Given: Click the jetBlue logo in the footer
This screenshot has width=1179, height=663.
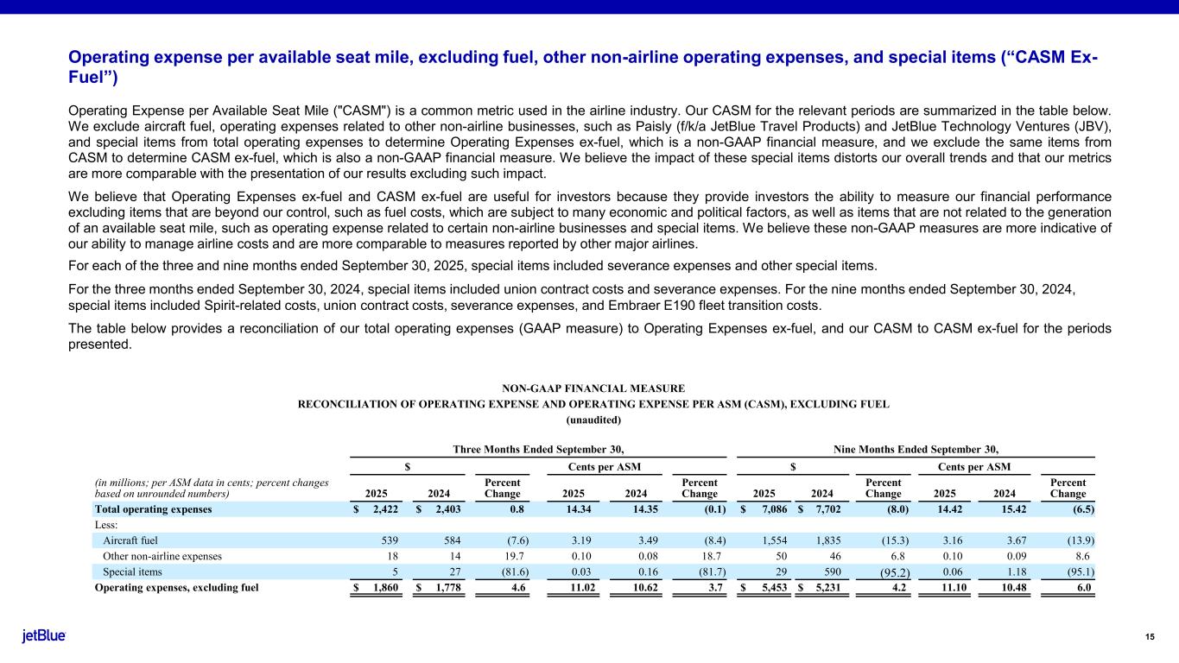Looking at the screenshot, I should (x=44, y=636).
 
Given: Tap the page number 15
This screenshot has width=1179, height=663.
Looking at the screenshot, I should (x=1150, y=637).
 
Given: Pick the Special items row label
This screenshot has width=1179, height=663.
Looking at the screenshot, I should (x=132, y=571).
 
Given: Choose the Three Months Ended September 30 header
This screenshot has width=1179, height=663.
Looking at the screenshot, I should (x=538, y=449).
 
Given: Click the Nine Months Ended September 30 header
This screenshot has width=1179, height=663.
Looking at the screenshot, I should (x=916, y=449).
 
